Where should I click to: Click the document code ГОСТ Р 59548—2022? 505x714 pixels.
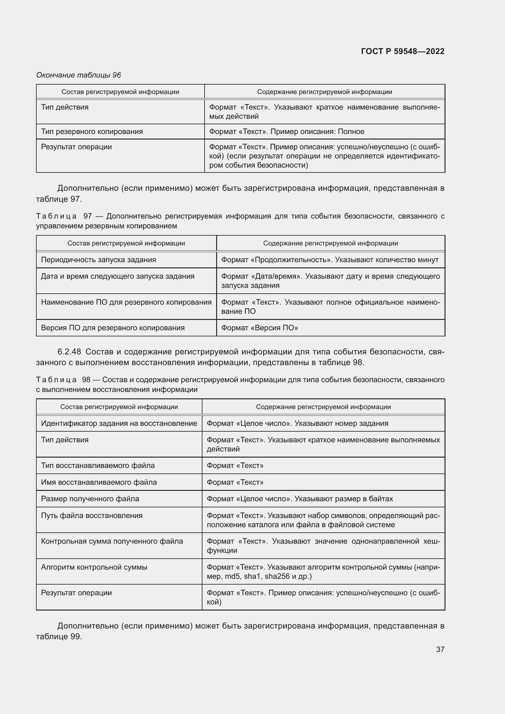402,51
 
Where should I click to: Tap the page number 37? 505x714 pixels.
440,649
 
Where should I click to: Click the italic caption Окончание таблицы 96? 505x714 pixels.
78,75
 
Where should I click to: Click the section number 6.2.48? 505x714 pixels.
69,352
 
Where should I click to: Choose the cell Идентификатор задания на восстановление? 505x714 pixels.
119,423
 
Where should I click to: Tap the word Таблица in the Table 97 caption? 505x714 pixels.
56,216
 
